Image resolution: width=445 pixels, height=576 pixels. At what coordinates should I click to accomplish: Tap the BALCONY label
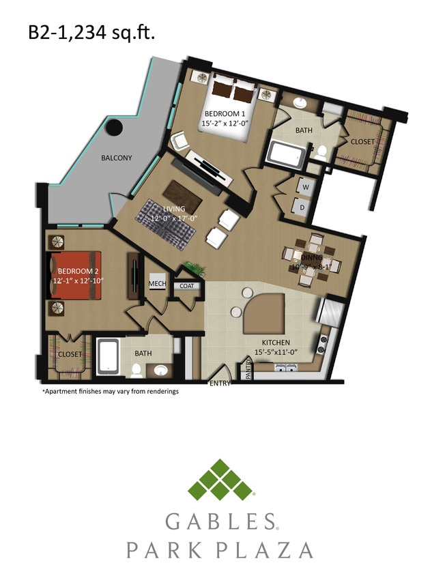click(117, 158)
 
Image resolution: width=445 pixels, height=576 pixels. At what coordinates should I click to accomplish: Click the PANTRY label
click(248, 371)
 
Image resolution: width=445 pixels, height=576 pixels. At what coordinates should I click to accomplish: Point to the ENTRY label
click(219, 384)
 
